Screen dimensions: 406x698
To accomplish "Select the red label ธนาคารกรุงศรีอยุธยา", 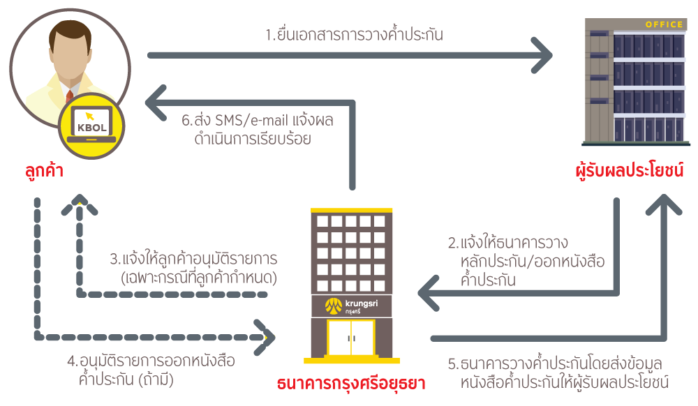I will (x=351, y=384).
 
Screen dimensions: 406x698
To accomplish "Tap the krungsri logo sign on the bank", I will (x=350, y=305).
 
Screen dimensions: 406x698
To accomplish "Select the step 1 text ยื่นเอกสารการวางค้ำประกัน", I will (x=354, y=35).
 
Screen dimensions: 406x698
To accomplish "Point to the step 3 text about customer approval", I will (x=193, y=268).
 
